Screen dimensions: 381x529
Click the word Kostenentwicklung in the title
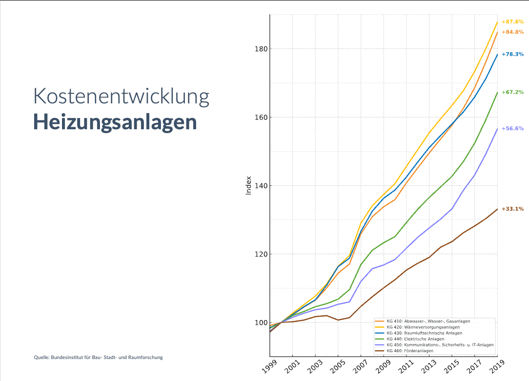point(121,97)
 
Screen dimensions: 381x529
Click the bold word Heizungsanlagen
point(115,122)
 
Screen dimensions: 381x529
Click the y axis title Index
point(248,185)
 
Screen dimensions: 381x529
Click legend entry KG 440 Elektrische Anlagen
point(415,339)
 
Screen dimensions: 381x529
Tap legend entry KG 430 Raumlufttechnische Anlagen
point(424,333)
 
